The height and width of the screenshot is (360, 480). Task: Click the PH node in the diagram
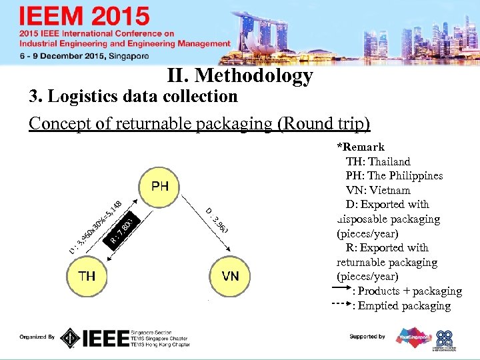point(159,186)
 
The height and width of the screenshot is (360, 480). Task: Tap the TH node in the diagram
point(87,276)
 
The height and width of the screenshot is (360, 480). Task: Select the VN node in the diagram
point(231,276)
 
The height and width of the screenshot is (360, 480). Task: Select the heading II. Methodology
point(241,76)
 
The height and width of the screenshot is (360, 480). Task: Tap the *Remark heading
point(361,147)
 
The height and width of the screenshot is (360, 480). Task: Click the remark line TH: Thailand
point(378,161)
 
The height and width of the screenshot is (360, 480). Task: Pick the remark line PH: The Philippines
point(394,176)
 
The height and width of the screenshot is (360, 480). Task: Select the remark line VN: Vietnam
point(378,190)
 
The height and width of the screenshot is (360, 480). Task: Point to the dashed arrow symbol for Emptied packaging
point(341,305)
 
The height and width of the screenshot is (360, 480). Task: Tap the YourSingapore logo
point(413,337)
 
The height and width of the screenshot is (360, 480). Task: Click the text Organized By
point(37,337)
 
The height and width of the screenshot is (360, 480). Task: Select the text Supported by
point(367,337)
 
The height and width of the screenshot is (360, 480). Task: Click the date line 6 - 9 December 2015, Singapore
point(83,57)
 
